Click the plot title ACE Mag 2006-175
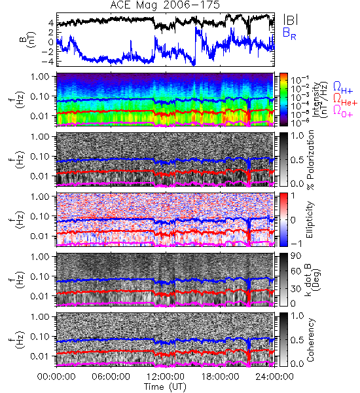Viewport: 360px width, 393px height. point(165,5)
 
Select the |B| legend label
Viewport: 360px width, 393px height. point(291,20)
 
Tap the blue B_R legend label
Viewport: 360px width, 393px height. point(289,33)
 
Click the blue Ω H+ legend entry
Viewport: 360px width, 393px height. point(343,88)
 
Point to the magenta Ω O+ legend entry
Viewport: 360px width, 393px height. point(343,111)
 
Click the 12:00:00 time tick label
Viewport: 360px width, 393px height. point(166,377)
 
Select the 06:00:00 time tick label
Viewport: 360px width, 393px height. point(111,377)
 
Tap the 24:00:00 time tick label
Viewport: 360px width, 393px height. point(274,377)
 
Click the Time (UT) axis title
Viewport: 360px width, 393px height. point(165,386)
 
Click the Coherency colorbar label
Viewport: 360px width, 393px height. point(310,340)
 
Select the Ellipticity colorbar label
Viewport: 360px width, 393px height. point(310,219)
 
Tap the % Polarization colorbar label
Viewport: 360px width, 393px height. point(310,160)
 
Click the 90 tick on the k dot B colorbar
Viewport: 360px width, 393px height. point(296,255)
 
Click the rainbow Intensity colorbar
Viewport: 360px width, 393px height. point(283,100)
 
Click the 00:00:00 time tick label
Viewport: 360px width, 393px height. point(56,377)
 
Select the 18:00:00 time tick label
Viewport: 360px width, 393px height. point(220,377)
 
